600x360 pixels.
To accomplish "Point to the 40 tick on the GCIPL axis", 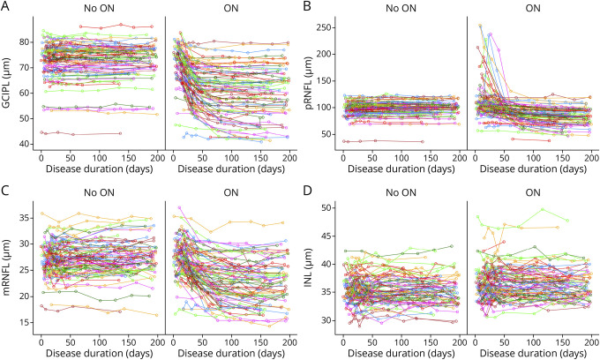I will point(26,143).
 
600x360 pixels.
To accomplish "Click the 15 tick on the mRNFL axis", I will point(26,323).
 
